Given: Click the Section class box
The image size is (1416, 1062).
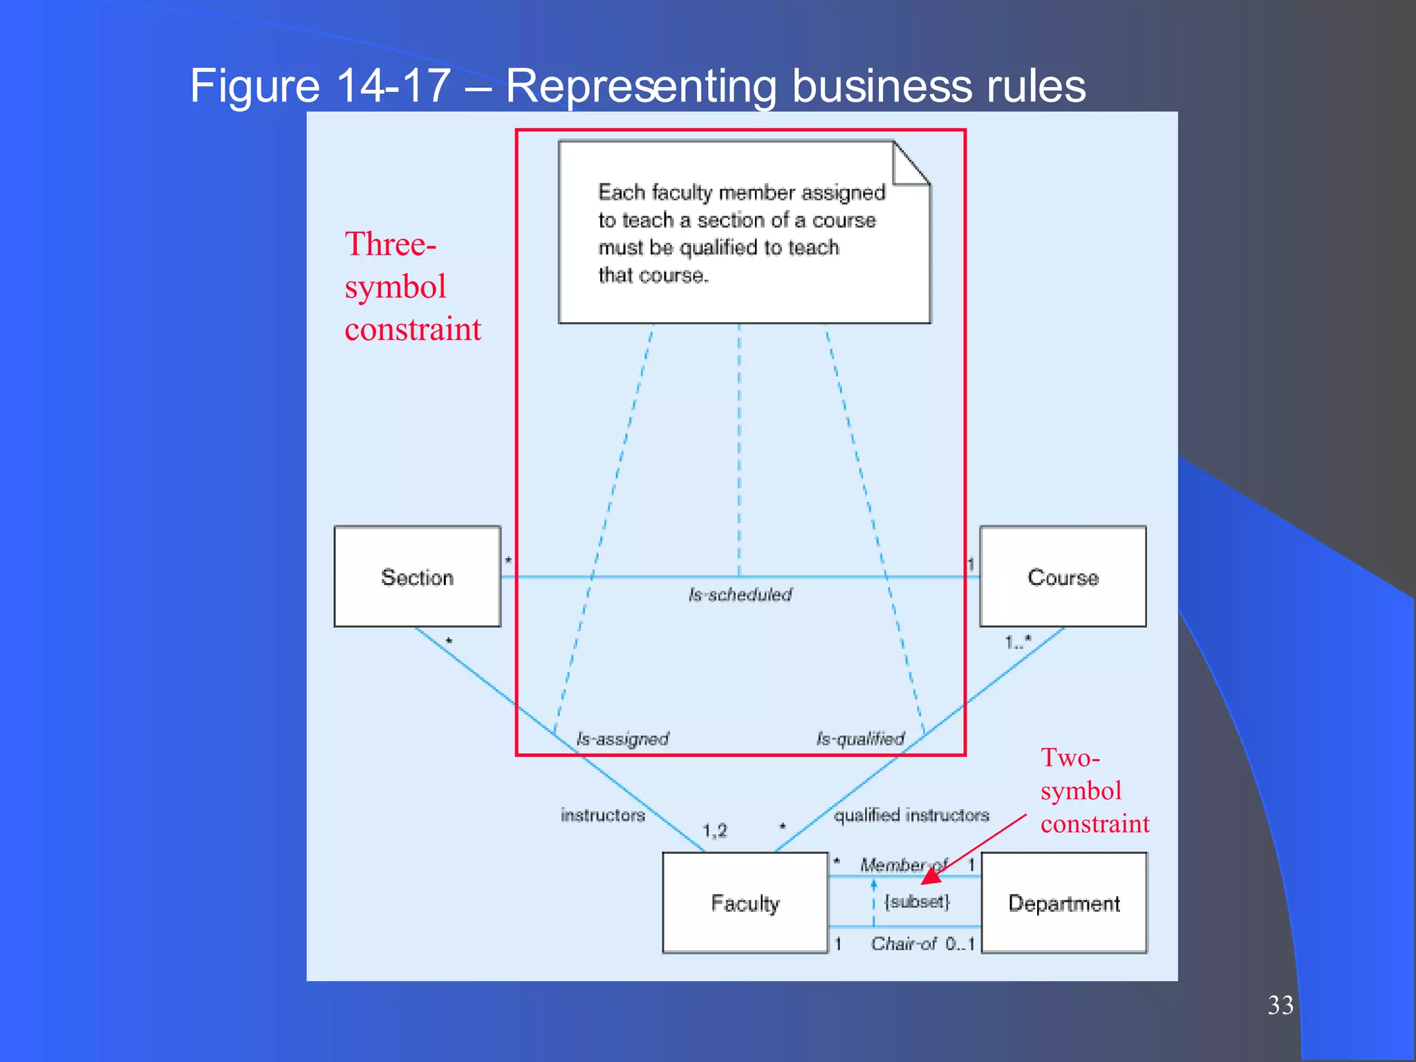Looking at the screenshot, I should click(x=417, y=577).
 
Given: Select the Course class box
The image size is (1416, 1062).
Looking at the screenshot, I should click(x=1063, y=577).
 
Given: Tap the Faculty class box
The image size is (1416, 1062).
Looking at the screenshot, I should click(x=745, y=903).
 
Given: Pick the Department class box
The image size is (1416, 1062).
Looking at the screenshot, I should click(x=1064, y=903).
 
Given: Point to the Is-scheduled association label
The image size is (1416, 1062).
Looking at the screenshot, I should click(x=740, y=595).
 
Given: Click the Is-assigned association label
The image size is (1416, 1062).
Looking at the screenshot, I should click(x=622, y=739).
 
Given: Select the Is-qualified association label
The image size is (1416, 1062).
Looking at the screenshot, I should click(x=860, y=739).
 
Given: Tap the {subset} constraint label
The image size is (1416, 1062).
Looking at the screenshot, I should click(x=917, y=902).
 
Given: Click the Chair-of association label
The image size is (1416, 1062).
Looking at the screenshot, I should click(x=903, y=944).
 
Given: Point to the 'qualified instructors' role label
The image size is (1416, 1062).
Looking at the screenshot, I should click(x=911, y=816).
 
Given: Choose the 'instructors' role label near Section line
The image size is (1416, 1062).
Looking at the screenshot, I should click(x=602, y=816).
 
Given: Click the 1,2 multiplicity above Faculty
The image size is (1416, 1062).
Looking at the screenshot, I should click(x=715, y=830).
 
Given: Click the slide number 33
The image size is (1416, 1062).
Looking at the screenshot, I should click(x=1280, y=1005).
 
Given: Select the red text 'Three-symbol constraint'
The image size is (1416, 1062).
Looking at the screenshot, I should click(x=412, y=286).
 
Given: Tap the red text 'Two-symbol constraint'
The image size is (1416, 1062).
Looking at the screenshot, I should click(x=1094, y=791).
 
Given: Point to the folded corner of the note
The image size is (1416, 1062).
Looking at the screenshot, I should click(x=911, y=163).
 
